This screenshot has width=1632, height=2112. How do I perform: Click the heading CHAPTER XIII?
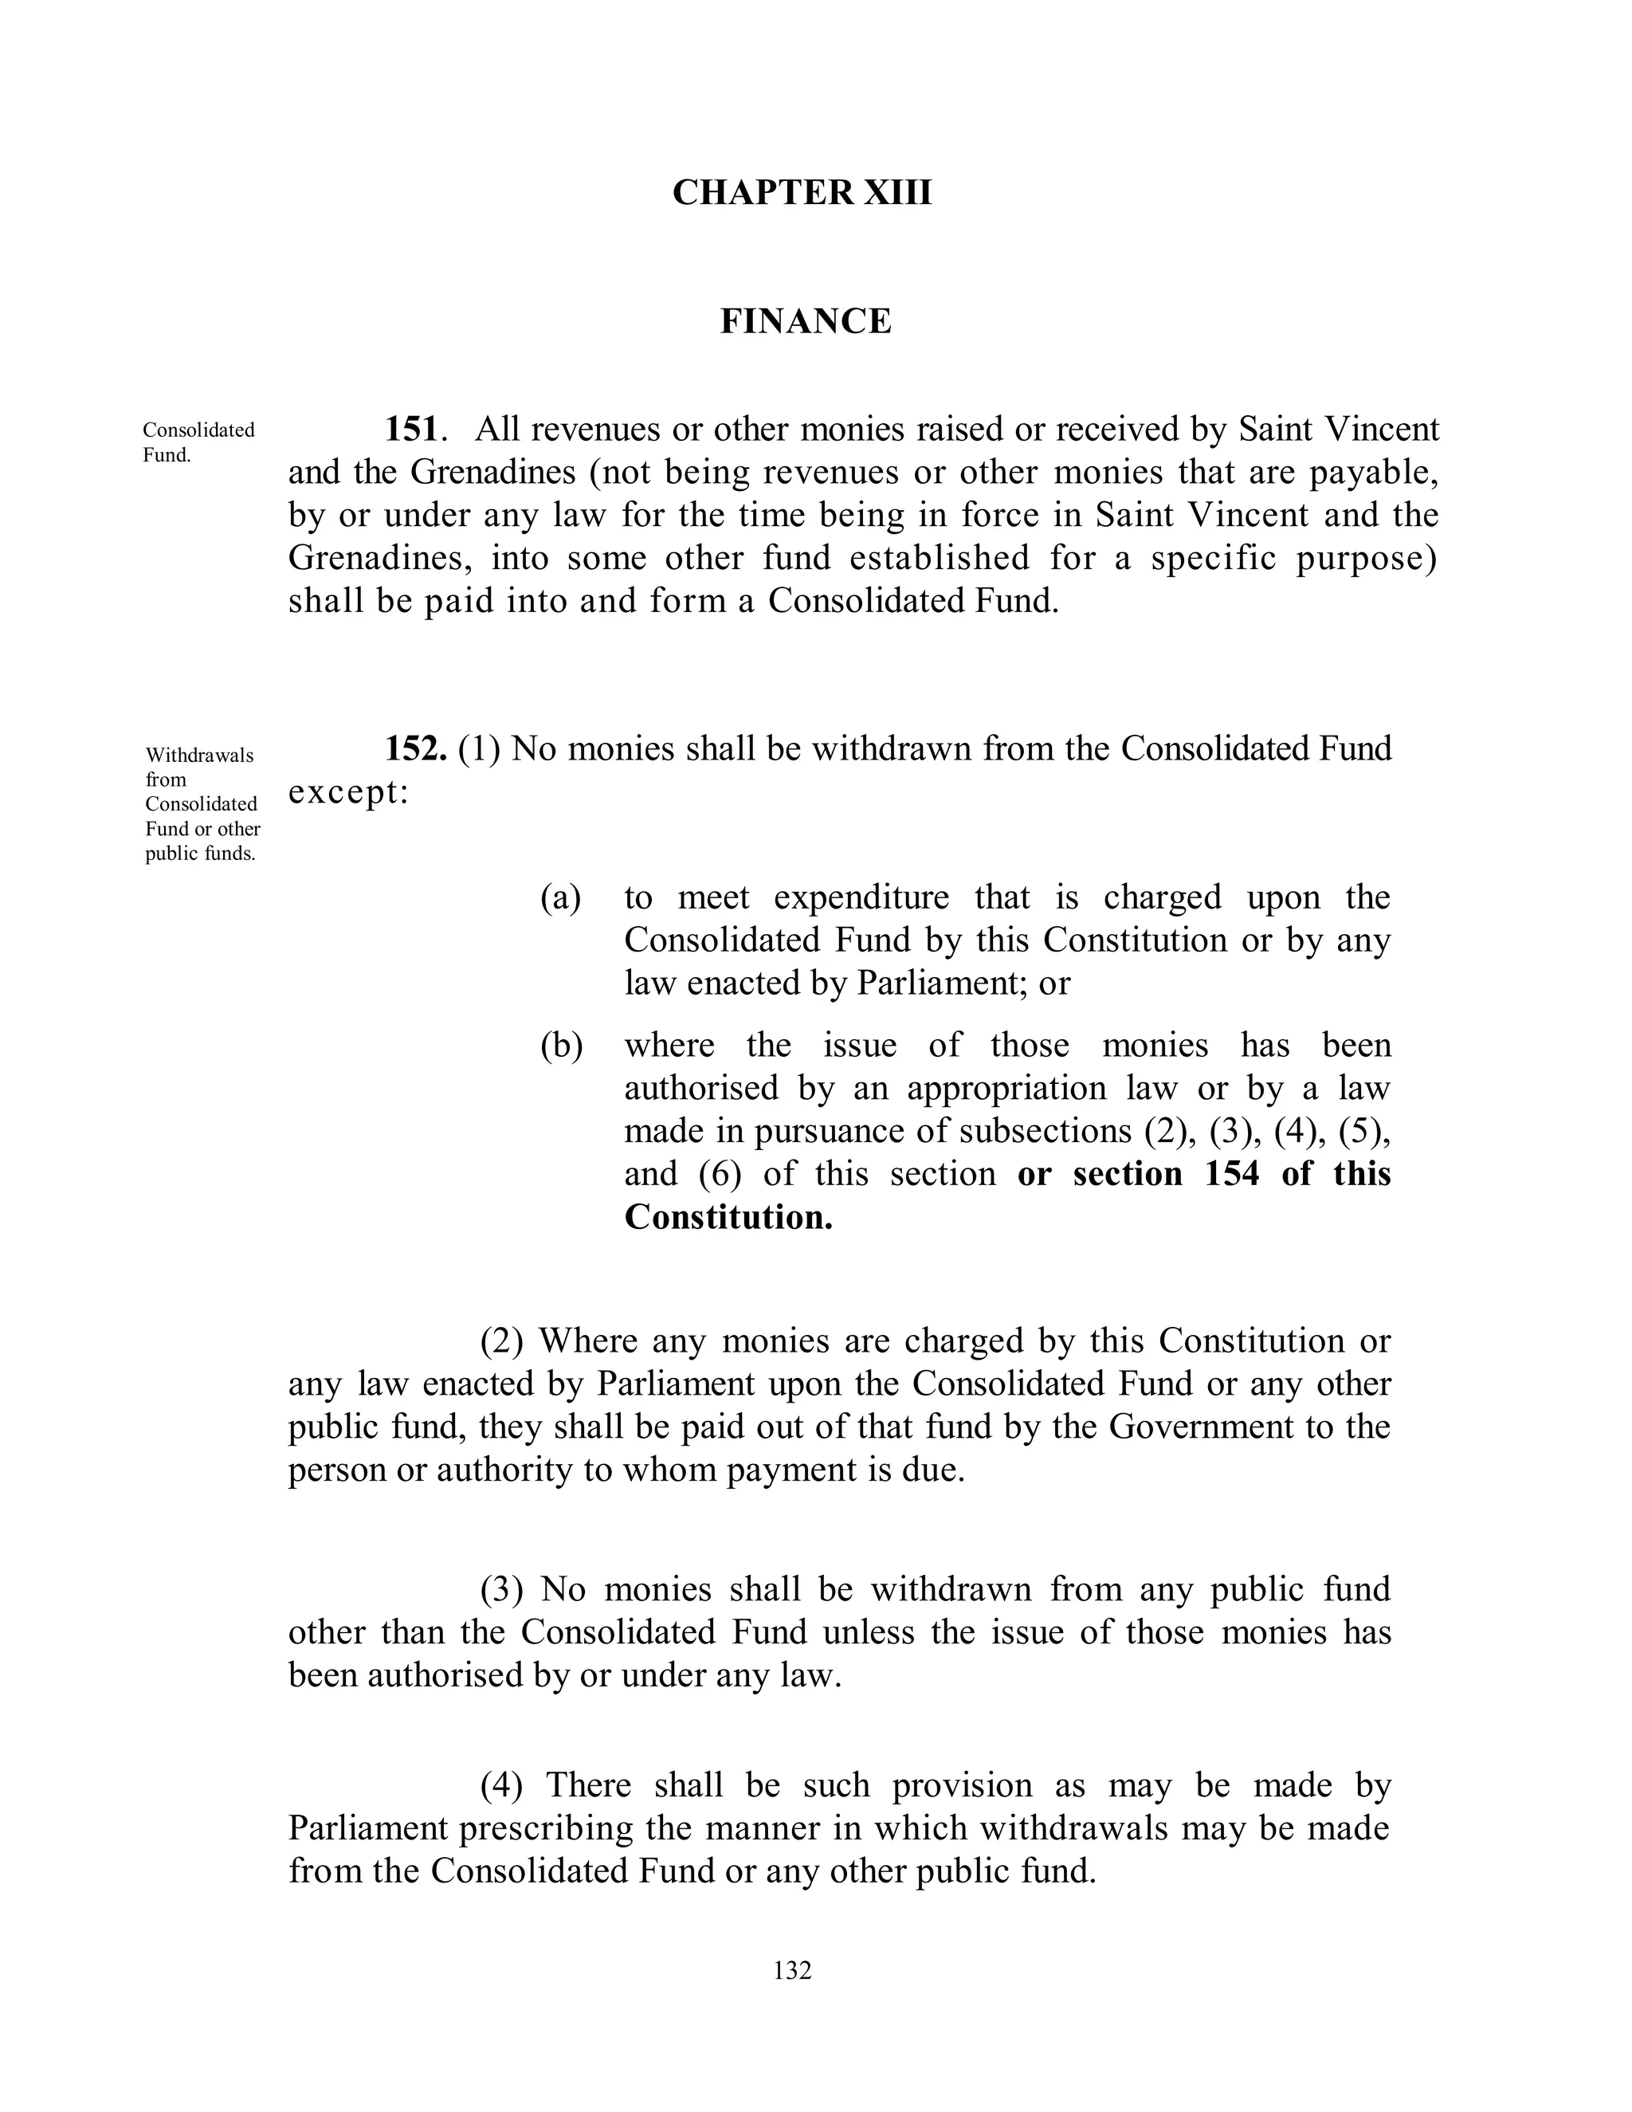(x=802, y=192)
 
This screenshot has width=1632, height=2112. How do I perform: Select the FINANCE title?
(x=806, y=321)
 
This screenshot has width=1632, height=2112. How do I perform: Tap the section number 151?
(x=413, y=429)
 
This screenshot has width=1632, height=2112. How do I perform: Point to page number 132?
(x=792, y=1970)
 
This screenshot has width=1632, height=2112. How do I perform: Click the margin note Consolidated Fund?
(x=198, y=442)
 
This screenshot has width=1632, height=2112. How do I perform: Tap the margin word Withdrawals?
(x=200, y=754)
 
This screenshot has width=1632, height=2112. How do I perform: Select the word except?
(x=348, y=792)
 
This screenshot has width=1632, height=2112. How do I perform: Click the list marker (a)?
(x=561, y=897)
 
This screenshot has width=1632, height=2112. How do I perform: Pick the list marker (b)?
(x=562, y=1046)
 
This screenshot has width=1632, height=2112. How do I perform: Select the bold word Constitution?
(x=728, y=1216)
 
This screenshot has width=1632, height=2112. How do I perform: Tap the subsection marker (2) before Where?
(x=502, y=1341)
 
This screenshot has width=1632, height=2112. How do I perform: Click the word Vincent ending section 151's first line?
(x=1381, y=429)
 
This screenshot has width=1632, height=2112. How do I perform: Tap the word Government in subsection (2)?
(x=1198, y=1427)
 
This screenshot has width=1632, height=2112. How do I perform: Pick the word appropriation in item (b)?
(x=1006, y=1088)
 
